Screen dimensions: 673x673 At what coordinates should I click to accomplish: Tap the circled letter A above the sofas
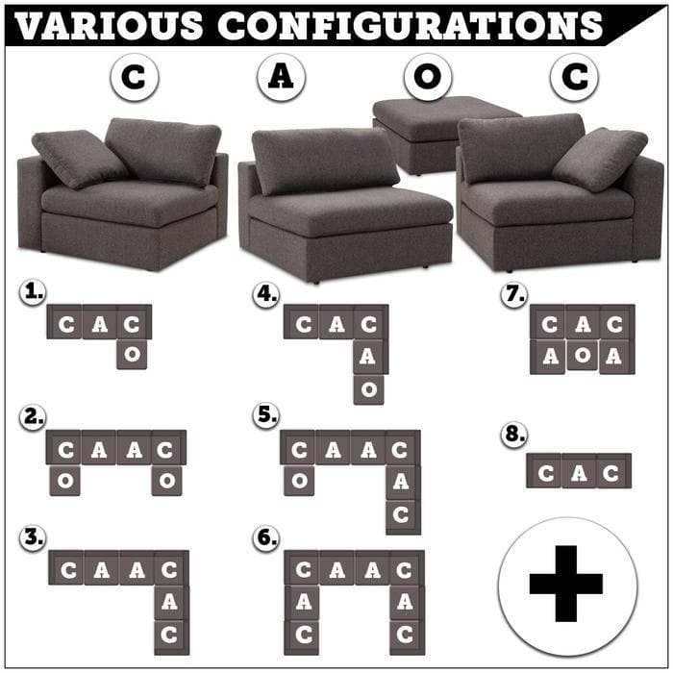279,79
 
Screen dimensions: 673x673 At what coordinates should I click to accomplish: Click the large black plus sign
566,583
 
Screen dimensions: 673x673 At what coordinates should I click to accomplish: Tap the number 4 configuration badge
266,294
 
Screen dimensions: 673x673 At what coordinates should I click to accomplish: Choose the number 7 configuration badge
514,294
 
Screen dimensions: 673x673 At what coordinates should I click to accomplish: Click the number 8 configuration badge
514,435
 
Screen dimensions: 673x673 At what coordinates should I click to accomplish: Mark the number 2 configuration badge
33,415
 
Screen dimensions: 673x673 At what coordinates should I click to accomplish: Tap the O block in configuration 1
134,354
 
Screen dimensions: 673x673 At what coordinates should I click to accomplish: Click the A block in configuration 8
579,472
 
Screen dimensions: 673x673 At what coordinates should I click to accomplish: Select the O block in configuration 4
369,388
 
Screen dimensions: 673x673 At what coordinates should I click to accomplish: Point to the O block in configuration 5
299,479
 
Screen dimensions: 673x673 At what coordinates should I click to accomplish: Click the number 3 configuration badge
33,538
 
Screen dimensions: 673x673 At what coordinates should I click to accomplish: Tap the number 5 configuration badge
266,415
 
